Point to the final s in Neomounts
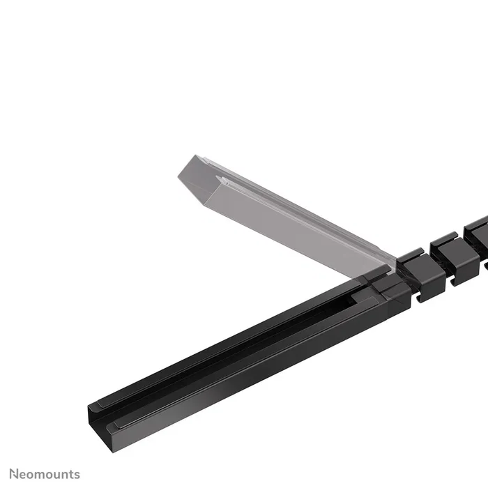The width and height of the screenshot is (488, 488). click(x=77, y=475)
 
